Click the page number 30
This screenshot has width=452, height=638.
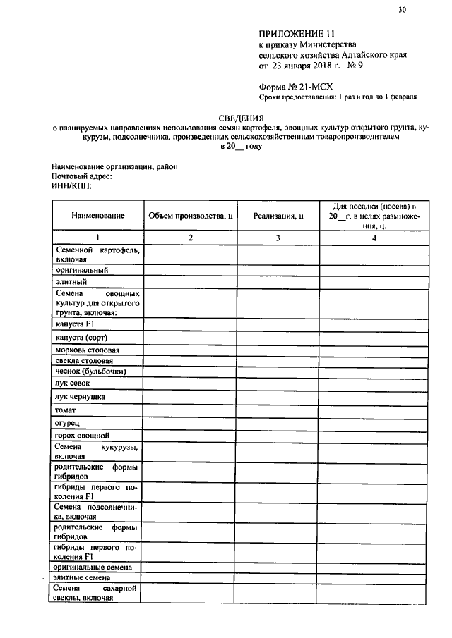(402, 10)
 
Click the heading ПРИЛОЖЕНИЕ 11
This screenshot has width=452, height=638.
(296, 33)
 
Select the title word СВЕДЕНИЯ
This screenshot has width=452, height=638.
(240, 118)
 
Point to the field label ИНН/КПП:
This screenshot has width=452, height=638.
(71, 185)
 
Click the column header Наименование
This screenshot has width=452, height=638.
(97, 216)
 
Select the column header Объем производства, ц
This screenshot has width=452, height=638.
(190, 216)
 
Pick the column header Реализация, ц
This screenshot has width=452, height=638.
(278, 216)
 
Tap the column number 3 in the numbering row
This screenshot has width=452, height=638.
(278, 238)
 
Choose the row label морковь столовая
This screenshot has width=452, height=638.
(87, 350)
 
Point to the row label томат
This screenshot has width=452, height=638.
(66, 410)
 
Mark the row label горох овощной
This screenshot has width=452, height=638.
(82, 436)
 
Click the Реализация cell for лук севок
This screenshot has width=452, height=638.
(278, 384)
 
